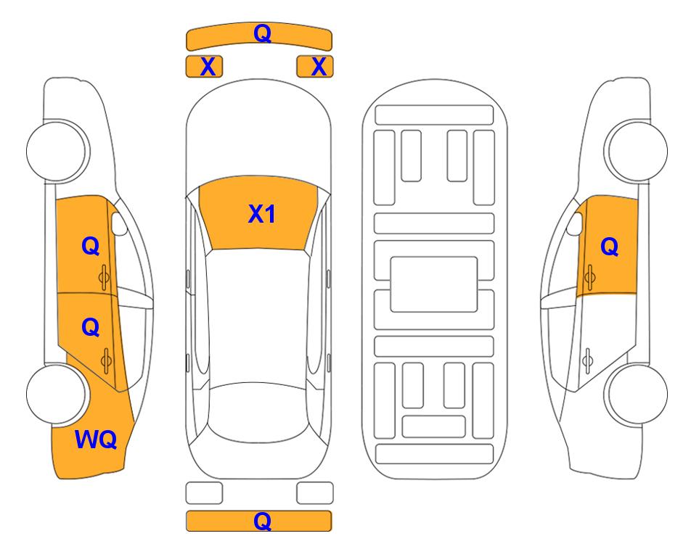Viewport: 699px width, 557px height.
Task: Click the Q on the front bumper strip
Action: click(262, 33)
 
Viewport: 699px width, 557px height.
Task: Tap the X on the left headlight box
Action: click(208, 67)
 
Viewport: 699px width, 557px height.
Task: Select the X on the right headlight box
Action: click(319, 67)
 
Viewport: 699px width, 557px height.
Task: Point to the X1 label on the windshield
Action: click(262, 214)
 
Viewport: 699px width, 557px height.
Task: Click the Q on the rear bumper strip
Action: click(262, 521)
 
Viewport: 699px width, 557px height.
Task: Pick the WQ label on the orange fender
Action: click(96, 440)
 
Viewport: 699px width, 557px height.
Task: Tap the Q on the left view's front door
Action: click(91, 246)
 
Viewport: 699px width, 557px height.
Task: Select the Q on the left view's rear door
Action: click(91, 328)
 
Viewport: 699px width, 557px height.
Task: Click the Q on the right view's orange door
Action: click(610, 247)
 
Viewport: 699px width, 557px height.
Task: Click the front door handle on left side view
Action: click(105, 278)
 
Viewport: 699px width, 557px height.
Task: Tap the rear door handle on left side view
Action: click(106, 361)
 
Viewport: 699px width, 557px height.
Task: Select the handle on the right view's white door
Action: click(588, 361)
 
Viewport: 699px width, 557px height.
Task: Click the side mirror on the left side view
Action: click(119, 223)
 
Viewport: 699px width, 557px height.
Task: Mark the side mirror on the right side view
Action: click(575, 223)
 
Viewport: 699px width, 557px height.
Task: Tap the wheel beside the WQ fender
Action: click(57, 394)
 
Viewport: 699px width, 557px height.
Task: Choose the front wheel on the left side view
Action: click(57, 151)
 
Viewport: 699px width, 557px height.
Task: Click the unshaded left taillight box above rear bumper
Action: click(204, 493)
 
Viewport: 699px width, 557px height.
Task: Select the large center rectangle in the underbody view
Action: click(434, 284)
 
